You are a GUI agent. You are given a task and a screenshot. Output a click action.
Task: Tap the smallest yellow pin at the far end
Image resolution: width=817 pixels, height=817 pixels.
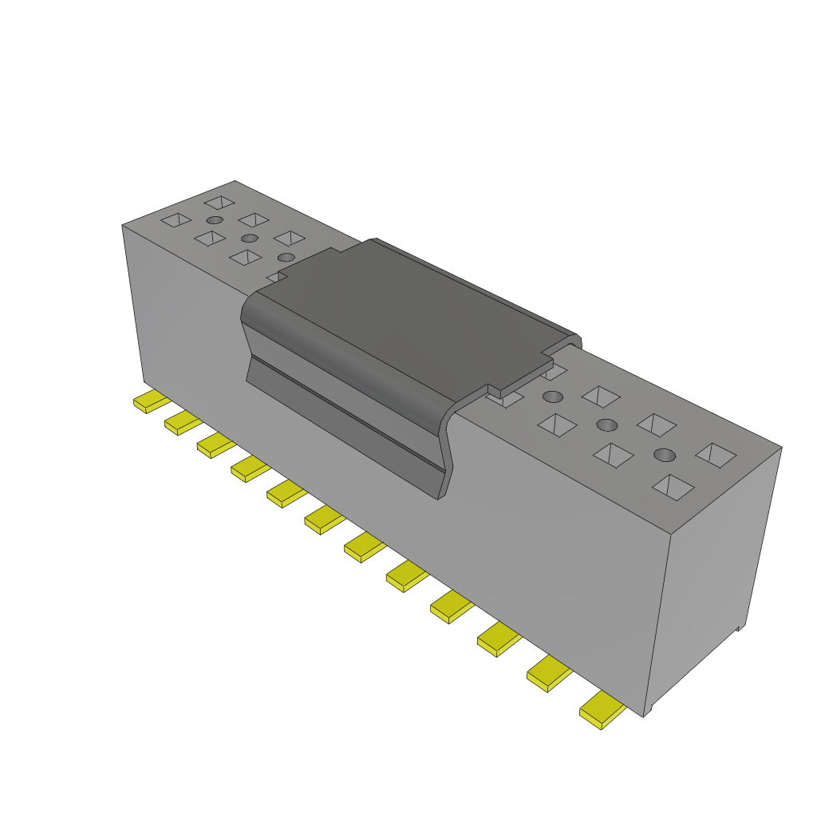pyautogui.click(x=150, y=401)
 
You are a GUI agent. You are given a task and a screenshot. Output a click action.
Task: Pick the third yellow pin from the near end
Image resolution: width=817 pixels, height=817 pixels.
pyautogui.click(x=499, y=638)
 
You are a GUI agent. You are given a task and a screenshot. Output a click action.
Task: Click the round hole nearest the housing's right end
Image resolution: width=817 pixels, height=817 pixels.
pyautogui.click(x=664, y=456)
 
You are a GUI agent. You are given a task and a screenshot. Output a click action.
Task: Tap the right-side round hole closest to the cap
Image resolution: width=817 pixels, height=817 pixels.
pyautogui.click(x=553, y=397)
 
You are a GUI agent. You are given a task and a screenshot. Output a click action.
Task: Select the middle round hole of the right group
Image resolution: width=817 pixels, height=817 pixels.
pyautogui.click(x=607, y=424)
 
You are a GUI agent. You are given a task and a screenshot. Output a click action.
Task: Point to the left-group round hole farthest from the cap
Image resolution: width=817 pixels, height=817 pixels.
pyautogui.click(x=214, y=220)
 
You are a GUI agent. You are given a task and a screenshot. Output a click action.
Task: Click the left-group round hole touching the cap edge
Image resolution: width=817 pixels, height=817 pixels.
pyautogui.click(x=286, y=257)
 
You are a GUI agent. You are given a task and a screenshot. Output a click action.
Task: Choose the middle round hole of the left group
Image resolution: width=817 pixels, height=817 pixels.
pyautogui.click(x=250, y=238)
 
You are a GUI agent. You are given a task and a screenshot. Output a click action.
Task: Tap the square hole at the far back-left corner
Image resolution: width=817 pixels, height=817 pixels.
pyautogui.click(x=219, y=203)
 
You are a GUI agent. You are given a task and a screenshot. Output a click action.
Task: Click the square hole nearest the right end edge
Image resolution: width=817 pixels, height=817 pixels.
pyautogui.click(x=716, y=454)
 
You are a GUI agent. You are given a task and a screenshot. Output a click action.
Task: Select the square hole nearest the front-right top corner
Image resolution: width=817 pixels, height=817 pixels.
pyautogui.click(x=672, y=485)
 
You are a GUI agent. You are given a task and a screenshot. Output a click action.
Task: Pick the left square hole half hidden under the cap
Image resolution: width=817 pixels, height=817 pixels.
pyautogui.click(x=276, y=276)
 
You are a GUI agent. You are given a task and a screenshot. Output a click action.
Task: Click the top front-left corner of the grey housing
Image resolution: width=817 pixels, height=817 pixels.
pyautogui.click(x=123, y=226)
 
